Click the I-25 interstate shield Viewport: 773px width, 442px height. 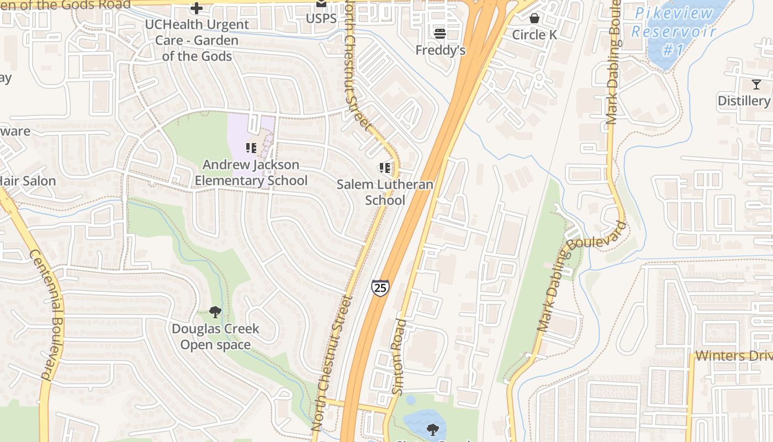click(x=380, y=287)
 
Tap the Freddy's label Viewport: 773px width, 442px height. click(x=440, y=50)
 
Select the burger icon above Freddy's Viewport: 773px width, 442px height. click(x=440, y=33)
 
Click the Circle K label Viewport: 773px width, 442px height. click(x=534, y=35)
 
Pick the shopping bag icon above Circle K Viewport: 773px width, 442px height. click(x=534, y=18)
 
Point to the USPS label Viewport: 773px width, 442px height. click(x=321, y=19)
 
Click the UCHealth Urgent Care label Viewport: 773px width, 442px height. click(x=197, y=40)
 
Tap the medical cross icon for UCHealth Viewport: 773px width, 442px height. click(x=196, y=8)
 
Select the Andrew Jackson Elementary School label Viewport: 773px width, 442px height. click(x=251, y=172)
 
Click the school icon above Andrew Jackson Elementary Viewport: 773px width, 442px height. click(x=251, y=148)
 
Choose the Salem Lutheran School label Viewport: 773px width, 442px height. click(x=385, y=192)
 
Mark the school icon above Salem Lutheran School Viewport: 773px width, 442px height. click(x=385, y=167)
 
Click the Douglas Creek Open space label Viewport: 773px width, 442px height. click(x=215, y=336)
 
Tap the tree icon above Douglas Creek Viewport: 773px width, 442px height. click(x=215, y=313)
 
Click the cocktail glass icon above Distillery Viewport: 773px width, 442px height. click(x=756, y=85)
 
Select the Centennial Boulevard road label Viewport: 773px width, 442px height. click(x=48, y=315)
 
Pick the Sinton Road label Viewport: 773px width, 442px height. click(x=398, y=356)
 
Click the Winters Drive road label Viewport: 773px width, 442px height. click(x=733, y=355)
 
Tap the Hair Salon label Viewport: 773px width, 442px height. click(x=28, y=181)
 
